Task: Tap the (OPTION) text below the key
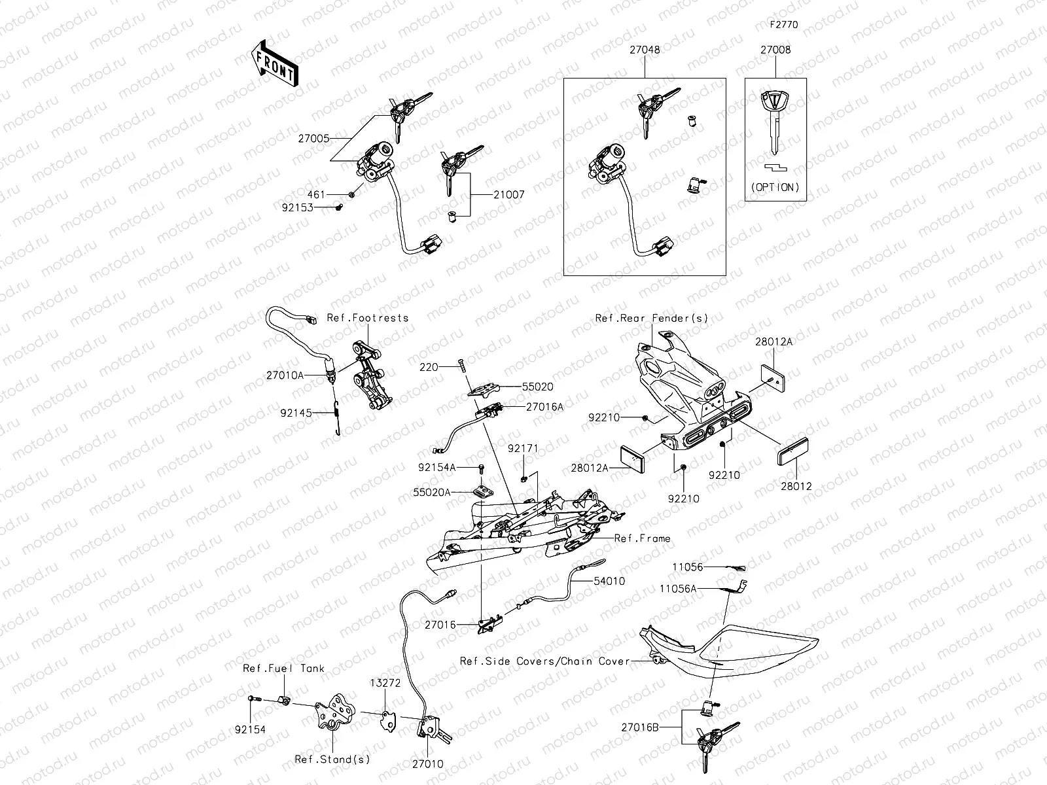click(775, 187)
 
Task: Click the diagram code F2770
click(783, 25)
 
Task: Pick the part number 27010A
click(285, 375)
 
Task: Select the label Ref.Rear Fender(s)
click(652, 318)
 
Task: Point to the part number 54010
click(609, 581)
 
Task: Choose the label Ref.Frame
click(642, 538)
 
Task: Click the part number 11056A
click(678, 589)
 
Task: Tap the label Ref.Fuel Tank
click(283, 669)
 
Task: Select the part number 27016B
click(641, 726)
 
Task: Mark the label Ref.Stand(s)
click(332, 759)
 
